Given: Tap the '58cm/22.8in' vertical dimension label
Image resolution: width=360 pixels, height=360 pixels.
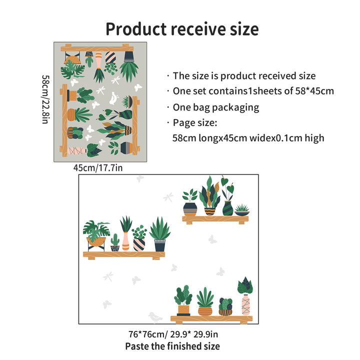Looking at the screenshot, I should [45, 100].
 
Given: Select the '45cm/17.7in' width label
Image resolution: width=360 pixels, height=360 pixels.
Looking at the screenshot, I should [98, 168].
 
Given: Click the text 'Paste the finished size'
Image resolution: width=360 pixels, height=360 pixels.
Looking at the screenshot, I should [172, 345].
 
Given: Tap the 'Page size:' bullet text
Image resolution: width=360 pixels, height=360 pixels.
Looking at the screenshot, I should [195, 122].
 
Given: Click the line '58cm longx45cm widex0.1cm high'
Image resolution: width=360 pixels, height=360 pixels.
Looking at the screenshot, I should [248, 137].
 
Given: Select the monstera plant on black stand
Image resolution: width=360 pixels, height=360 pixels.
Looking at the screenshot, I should [96, 234].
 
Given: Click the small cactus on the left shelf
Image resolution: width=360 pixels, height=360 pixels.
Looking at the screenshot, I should [115, 243].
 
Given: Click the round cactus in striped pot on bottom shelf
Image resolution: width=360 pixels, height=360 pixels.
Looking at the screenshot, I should [225, 306].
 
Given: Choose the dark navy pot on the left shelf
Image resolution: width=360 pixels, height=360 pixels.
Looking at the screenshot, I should [160, 245].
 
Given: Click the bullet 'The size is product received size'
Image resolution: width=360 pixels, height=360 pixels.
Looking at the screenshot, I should [244, 76].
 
